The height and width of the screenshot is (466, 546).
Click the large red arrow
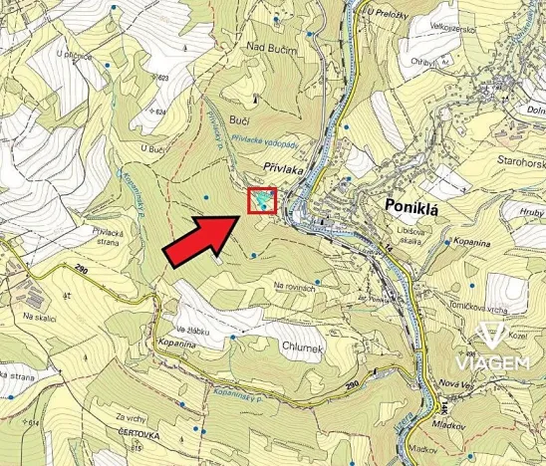(199, 239)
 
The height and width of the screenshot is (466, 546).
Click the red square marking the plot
(262, 201)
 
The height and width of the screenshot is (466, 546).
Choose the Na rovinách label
(294, 287)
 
